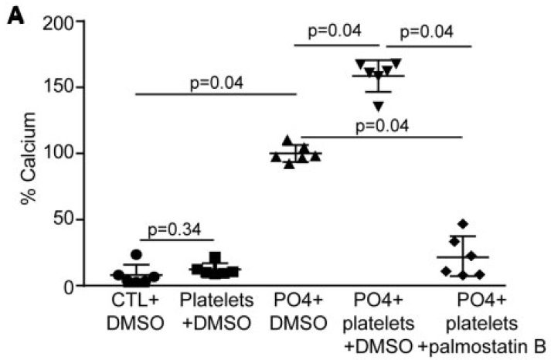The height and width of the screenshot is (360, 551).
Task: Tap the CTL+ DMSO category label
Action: [134, 311]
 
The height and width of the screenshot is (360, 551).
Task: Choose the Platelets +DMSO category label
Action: [213, 311]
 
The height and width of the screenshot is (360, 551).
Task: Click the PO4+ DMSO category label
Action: [296, 311]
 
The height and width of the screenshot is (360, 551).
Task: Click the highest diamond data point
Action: [463, 224]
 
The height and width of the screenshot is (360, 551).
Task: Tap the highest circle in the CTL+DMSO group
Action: [136, 255]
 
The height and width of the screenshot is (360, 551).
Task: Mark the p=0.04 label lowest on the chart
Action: [381, 126]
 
